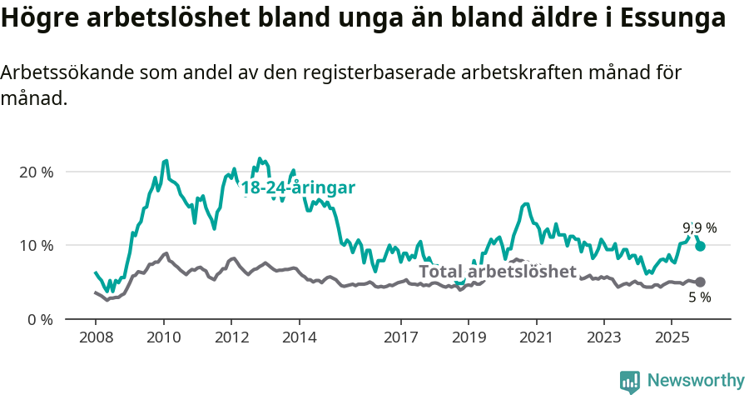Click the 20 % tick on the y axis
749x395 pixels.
[x=36, y=172]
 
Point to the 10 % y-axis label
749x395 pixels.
[x=36, y=245]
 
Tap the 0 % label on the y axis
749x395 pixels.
[x=39, y=319]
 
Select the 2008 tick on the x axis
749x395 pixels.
[x=95, y=337]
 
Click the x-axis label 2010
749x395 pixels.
[x=163, y=337]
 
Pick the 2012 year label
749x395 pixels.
[x=231, y=337]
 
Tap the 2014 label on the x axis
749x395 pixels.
[x=299, y=337]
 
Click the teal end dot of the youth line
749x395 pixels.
[x=701, y=246]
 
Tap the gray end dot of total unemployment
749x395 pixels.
[x=701, y=282]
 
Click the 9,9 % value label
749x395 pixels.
[x=699, y=227]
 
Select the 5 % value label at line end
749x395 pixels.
[x=699, y=297]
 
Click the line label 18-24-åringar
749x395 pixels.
[x=298, y=188]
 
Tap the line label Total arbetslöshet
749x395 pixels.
[x=497, y=272]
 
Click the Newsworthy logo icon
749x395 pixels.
[x=630, y=381]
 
